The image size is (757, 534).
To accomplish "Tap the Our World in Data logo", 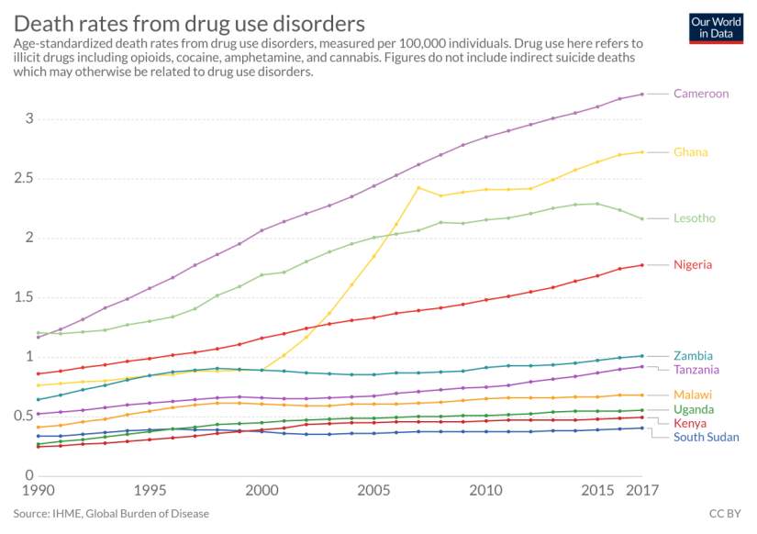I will pyautogui.click(x=716, y=28).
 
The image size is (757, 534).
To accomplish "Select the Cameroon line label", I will pyautogui.click(x=700, y=94).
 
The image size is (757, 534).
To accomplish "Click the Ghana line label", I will pyautogui.click(x=690, y=152).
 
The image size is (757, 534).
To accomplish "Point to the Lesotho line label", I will pyautogui.click(x=694, y=218).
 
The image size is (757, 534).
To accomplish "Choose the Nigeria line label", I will pyautogui.click(x=693, y=265).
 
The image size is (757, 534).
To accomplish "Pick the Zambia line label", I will pyautogui.click(x=692, y=356).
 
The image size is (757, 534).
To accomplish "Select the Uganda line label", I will pyautogui.click(x=693, y=409).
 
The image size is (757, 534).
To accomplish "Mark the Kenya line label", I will pyautogui.click(x=689, y=423).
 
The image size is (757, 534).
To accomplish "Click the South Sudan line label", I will pyautogui.click(x=707, y=437).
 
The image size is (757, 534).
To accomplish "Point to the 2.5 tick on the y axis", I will pyautogui.click(x=25, y=178).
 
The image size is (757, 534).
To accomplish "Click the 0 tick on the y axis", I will pyautogui.click(x=29, y=475).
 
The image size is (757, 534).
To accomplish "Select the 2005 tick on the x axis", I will pyautogui.click(x=373, y=492).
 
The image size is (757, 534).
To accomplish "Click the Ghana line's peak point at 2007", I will pyautogui.click(x=418, y=188).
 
